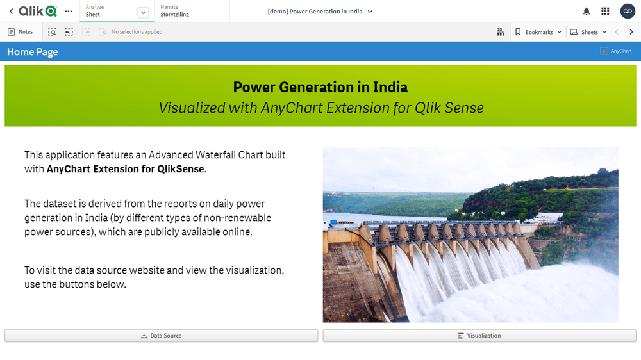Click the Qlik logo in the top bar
(38, 11)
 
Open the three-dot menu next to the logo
(69, 12)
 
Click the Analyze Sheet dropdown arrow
(143, 12)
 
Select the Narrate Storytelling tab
(174, 11)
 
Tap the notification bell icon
(587, 12)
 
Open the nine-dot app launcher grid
(605, 12)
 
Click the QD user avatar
(628, 12)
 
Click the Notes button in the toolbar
(21, 32)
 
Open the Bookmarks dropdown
(538, 32)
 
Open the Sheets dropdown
(588, 32)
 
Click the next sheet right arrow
(631, 32)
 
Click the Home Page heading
(33, 52)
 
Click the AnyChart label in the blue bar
(616, 51)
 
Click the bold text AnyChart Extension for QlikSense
(126, 169)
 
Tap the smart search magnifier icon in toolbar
(52, 32)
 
